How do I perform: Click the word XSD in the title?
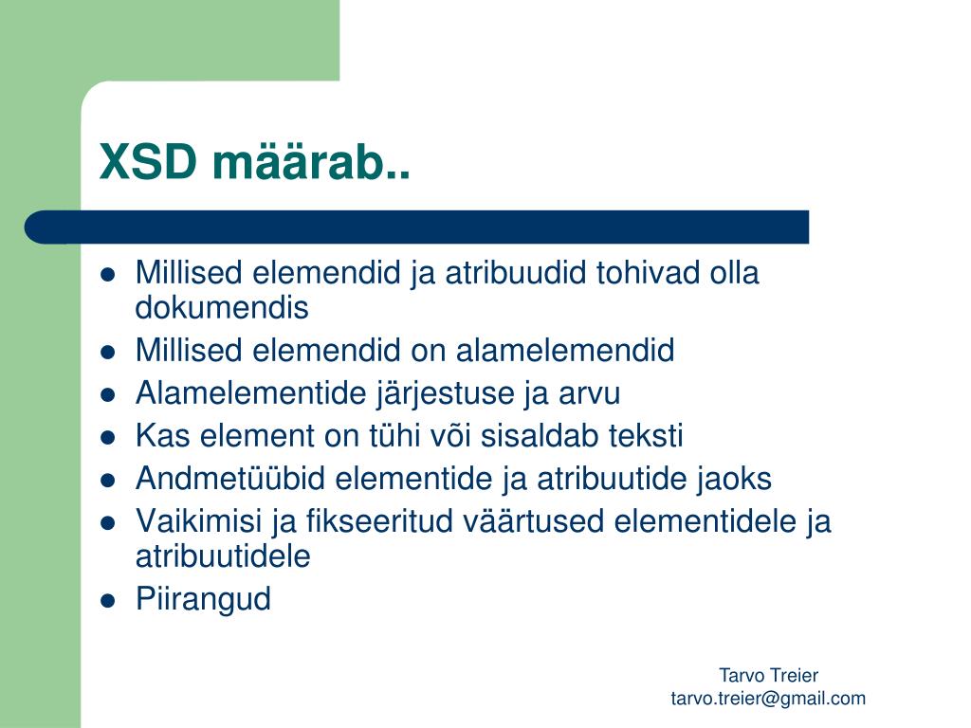click(148, 161)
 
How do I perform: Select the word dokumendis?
click(222, 307)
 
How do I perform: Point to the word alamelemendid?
click(565, 350)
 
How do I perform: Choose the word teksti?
click(645, 435)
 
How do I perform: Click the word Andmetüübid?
click(229, 478)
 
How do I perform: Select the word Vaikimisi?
click(199, 520)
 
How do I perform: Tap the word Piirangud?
click(203, 599)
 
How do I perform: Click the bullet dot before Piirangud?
click(108, 600)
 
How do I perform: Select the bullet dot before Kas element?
click(108, 437)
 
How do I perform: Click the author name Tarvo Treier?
click(768, 675)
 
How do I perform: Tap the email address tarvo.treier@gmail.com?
click(768, 699)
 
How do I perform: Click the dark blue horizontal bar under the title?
click(417, 227)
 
